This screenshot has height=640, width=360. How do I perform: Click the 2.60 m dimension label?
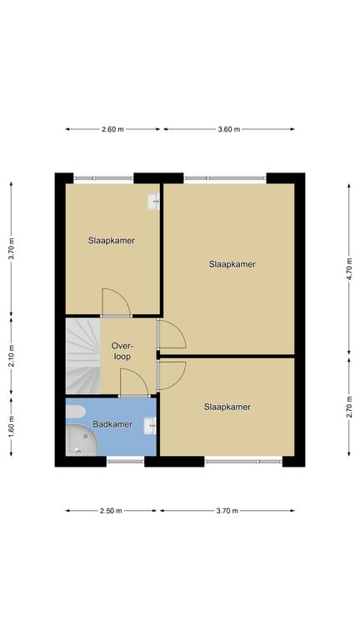(x=112, y=129)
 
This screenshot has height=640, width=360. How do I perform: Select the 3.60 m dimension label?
(x=229, y=129)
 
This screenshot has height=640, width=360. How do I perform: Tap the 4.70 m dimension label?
(x=349, y=269)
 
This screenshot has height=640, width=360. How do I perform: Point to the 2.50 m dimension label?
(x=111, y=511)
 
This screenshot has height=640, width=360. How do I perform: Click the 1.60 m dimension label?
(x=12, y=427)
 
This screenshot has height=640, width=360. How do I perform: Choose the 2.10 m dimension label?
(x=12, y=356)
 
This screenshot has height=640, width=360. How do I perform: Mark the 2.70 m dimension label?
(x=349, y=407)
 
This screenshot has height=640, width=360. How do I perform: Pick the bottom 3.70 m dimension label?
(x=227, y=511)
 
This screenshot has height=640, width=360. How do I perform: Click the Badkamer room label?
(x=112, y=424)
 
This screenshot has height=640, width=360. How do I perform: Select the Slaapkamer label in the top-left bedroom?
(x=112, y=241)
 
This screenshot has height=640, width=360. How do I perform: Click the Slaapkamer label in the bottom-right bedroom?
(x=227, y=407)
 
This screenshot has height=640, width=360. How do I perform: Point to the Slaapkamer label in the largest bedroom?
(x=232, y=264)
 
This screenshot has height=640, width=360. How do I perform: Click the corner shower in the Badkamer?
(x=82, y=440)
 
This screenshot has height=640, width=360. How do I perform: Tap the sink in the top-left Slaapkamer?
(x=153, y=202)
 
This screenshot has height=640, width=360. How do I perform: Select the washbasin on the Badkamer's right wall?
(x=151, y=426)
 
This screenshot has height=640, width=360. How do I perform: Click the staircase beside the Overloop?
(x=82, y=357)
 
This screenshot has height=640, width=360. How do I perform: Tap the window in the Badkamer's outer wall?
(x=126, y=462)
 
